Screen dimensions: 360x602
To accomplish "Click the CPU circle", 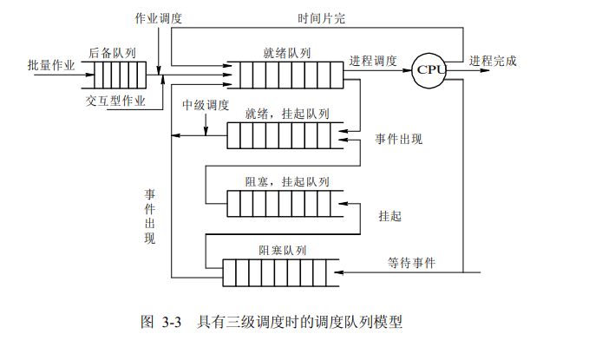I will pos(429,69).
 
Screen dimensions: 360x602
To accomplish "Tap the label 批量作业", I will pos(51,64).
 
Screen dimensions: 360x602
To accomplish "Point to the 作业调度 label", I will pos(159,18).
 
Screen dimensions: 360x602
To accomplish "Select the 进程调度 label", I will pos(373,61).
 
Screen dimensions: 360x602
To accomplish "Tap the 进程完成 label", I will pos(494,61).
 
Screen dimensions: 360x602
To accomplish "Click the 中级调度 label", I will pos(206,105).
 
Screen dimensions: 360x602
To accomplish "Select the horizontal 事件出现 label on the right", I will pos(399,138).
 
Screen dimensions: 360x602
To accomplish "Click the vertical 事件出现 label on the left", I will pos(149,216).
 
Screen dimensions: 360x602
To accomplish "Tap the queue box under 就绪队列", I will pos(283,75).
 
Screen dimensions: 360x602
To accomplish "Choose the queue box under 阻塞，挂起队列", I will pos(282,202).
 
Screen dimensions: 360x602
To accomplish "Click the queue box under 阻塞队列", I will pos(282,272).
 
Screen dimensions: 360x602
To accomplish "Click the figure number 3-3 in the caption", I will pos(170,323).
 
